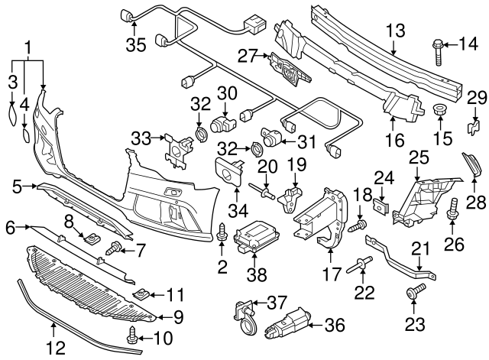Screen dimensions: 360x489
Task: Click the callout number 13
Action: click(x=394, y=31)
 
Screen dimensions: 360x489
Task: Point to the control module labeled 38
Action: click(x=253, y=234)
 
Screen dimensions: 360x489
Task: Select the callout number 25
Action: click(x=418, y=157)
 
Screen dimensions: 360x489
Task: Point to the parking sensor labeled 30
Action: click(x=222, y=122)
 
